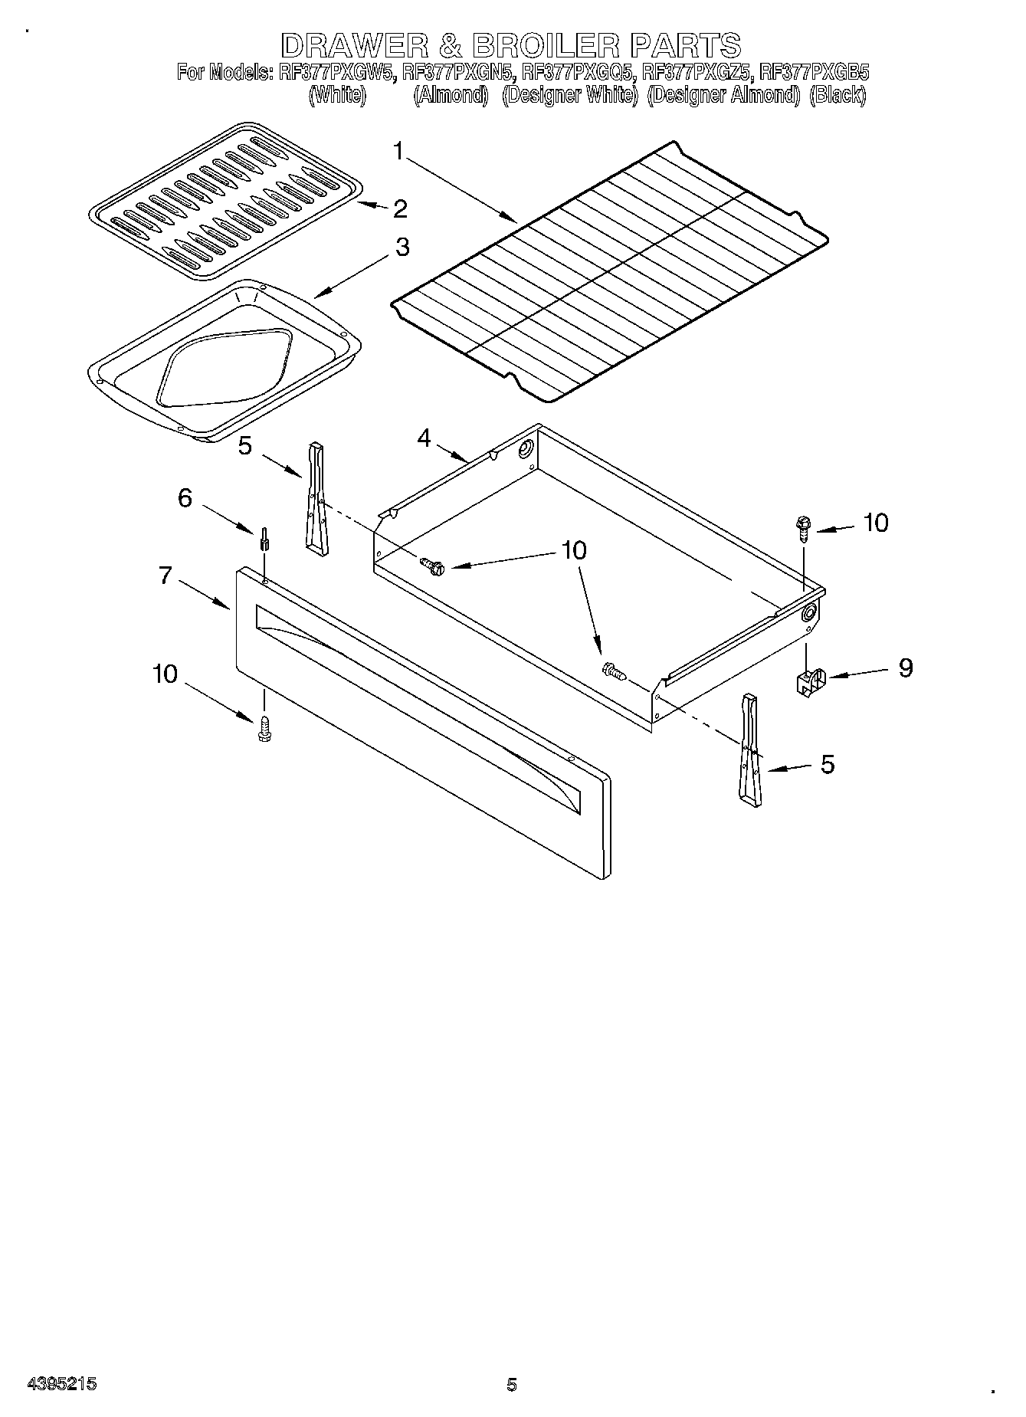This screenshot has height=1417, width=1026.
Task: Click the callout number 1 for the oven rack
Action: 398,151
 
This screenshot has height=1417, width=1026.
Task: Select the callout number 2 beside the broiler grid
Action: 399,208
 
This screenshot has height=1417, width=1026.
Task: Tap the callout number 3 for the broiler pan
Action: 402,248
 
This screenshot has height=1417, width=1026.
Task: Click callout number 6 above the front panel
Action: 185,498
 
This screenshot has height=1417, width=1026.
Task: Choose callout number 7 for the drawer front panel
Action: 166,575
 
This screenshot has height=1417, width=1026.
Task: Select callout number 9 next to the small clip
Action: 905,667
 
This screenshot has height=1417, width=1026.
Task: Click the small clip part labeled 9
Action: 808,681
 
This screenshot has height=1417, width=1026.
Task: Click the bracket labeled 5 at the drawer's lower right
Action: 750,750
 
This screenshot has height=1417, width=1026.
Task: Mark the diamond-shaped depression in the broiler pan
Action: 225,369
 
